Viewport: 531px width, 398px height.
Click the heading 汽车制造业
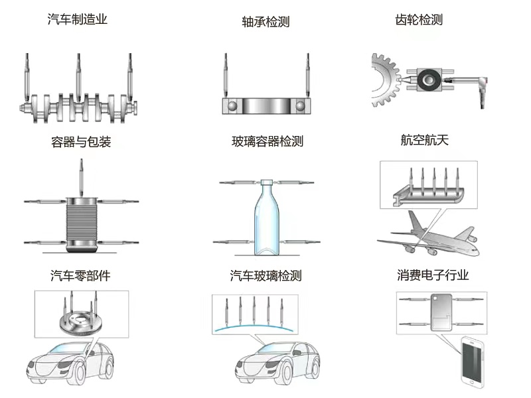pyautogui.click(x=77, y=20)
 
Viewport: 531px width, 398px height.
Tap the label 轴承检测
pyautogui.click(x=265, y=22)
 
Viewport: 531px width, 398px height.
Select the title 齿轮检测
pyautogui.click(x=418, y=20)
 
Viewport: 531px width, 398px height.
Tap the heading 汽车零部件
pyautogui.click(x=80, y=276)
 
